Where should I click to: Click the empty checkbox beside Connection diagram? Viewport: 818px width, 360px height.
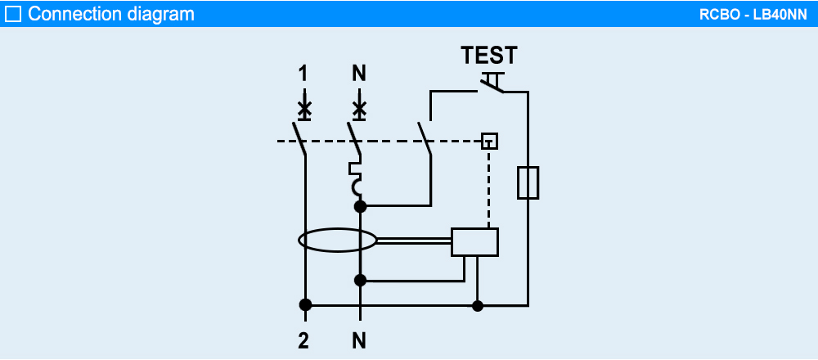14,14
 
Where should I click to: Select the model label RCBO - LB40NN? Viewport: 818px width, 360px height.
752,14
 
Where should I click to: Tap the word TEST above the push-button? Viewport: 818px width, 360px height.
489,56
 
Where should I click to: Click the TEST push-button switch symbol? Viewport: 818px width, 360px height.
492,82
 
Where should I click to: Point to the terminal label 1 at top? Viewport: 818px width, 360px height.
303,74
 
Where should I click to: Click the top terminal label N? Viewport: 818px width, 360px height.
359,74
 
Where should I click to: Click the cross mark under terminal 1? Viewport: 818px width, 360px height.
304,108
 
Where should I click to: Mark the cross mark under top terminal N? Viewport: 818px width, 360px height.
359,108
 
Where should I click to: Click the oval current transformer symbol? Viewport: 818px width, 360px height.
337,241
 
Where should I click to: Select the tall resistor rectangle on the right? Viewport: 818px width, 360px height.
528,182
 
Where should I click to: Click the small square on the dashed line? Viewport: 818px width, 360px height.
489,140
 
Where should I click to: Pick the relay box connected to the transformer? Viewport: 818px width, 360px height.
474,242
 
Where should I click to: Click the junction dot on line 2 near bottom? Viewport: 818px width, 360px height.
305,305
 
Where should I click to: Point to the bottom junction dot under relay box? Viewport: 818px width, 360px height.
479,306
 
